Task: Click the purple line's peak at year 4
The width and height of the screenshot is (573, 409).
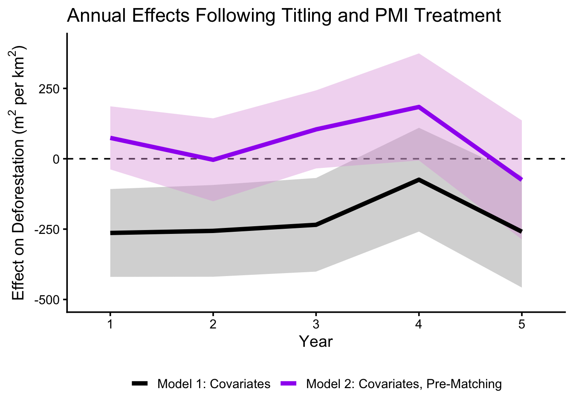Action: pyautogui.click(x=419, y=107)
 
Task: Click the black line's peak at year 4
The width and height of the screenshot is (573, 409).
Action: pyautogui.click(x=419, y=180)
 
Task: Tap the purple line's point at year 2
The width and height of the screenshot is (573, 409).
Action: pyautogui.click(x=213, y=160)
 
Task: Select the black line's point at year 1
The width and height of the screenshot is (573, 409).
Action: pyautogui.click(x=110, y=233)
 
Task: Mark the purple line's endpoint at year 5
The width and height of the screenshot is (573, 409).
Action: pyautogui.click(x=521, y=179)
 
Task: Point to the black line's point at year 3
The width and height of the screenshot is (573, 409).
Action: pyautogui.click(x=316, y=225)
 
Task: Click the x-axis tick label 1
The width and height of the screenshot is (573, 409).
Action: pyautogui.click(x=110, y=325)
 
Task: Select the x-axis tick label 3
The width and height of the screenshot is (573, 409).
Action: pyautogui.click(x=316, y=325)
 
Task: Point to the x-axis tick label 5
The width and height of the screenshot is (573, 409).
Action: pyautogui.click(x=521, y=325)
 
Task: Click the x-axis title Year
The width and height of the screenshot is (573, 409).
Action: pyautogui.click(x=315, y=342)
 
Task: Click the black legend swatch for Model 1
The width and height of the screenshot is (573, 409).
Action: pyautogui.click(x=140, y=383)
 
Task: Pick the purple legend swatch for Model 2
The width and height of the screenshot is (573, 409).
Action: pyautogui.click(x=289, y=383)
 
